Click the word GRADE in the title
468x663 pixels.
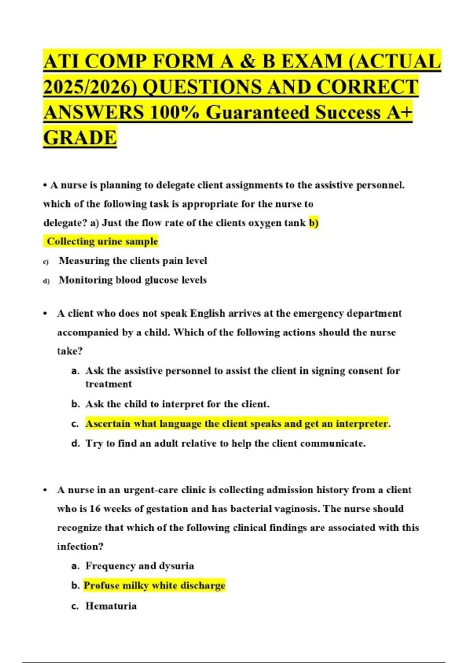click(80, 138)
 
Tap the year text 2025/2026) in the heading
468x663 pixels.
click(91, 87)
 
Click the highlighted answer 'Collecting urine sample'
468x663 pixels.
click(102, 241)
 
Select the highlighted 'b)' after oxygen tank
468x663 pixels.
click(314, 223)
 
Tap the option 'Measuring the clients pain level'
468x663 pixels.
click(133, 261)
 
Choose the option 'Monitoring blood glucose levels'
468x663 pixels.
click(133, 280)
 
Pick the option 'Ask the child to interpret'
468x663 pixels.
click(177, 404)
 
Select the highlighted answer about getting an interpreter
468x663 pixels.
click(237, 424)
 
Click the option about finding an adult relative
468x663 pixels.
click(225, 443)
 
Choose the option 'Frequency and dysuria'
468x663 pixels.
click(140, 566)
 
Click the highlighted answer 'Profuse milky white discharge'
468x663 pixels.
click(154, 586)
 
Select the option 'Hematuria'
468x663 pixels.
click(111, 606)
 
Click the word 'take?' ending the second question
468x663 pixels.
click(70, 351)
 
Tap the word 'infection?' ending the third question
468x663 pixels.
click(80, 546)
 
